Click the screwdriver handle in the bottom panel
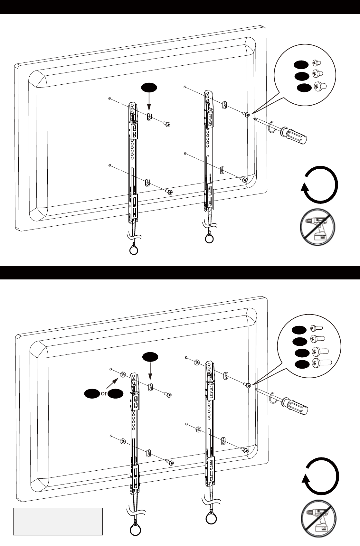pos(295,406)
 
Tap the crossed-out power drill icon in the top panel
pos(317,227)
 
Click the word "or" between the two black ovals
pos(104,393)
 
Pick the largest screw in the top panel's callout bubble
pos(320,86)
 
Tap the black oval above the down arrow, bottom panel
pos(150,357)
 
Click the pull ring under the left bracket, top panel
pos(134,250)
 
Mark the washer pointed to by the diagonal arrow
pos(123,374)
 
